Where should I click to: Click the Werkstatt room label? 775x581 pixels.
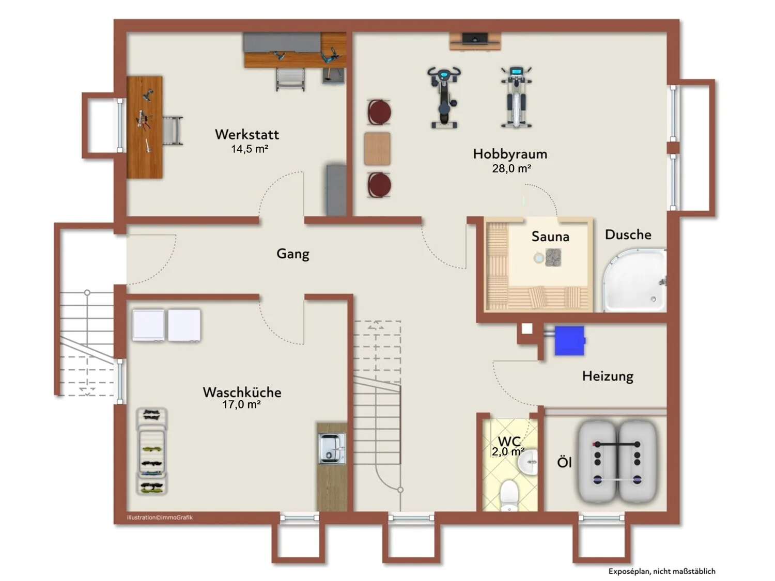(247, 134)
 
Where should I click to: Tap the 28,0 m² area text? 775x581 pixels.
(512, 169)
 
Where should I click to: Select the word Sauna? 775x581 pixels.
(550, 237)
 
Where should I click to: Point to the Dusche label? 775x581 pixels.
(628, 234)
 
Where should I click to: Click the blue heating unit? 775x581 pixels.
(569, 340)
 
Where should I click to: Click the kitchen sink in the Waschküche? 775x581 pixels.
(332, 448)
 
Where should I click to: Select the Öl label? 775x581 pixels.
(564, 462)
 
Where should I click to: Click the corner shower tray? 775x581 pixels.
(634, 280)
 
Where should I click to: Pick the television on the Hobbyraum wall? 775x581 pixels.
(475, 38)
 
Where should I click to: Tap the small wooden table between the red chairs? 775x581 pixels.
(378, 149)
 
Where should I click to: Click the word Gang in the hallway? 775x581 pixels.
(293, 254)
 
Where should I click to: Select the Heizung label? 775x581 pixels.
(608, 376)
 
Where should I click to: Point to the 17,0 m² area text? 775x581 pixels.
(241, 404)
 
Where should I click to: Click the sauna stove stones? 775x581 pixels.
(553, 257)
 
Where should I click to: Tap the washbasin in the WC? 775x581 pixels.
(528, 462)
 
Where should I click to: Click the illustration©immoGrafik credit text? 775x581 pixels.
(160, 517)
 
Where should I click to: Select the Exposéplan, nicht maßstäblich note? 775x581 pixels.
(662, 571)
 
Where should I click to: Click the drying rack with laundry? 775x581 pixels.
(151, 451)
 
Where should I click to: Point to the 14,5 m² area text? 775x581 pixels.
(250, 149)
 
